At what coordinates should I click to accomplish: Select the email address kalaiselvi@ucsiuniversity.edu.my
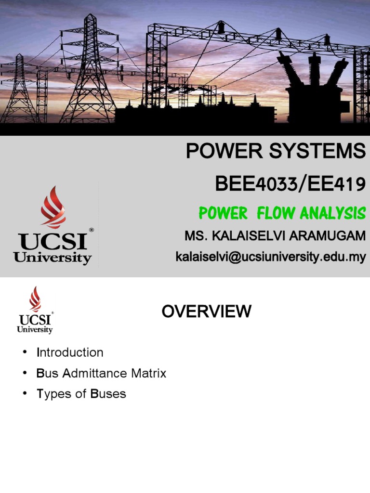(270, 257)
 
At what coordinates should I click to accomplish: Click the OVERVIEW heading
(206, 312)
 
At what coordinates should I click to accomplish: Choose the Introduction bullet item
(70, 352)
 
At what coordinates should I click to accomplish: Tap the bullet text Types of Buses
(81, 394)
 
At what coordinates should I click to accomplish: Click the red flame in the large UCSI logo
(53, 208)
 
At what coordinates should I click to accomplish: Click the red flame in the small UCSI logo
(35, 299)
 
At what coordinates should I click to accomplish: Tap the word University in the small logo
(34, 330)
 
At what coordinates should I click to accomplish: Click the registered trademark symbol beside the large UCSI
(91, 230)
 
